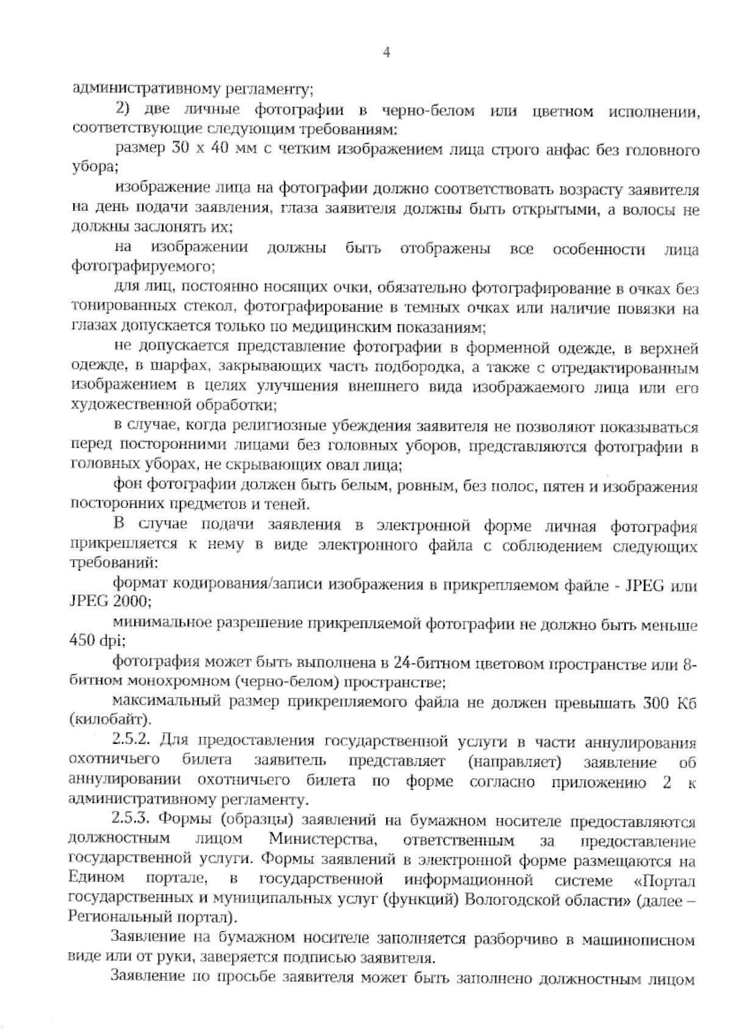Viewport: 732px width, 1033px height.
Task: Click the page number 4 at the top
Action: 386,52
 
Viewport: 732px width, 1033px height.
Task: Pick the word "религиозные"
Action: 285,427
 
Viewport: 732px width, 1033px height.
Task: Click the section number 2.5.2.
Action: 132,741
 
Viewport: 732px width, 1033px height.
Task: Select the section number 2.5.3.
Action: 132,821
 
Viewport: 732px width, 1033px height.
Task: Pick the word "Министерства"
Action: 322,840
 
